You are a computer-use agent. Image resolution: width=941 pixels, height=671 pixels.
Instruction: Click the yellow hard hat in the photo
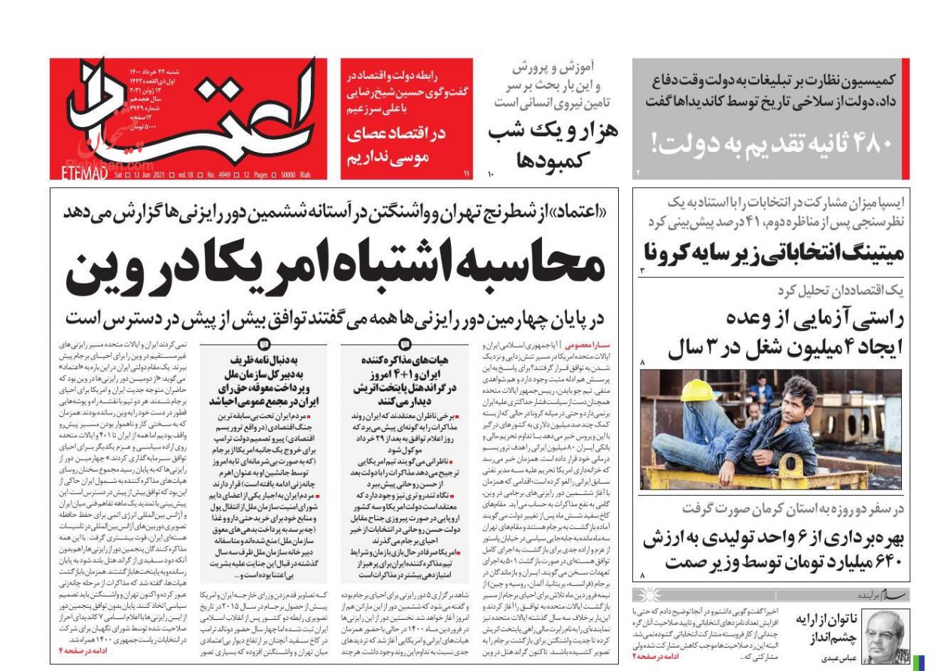[697, 390]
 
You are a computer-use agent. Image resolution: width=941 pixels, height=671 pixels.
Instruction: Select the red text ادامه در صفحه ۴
[86, 648]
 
